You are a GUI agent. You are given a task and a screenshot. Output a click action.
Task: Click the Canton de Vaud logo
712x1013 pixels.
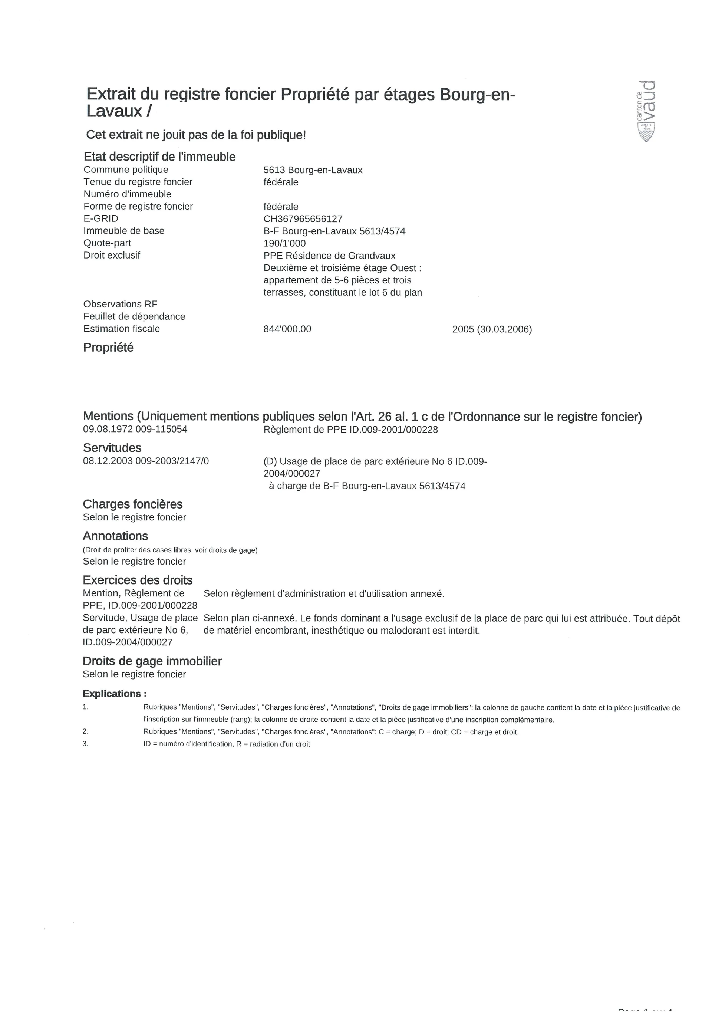[x=646, y=111]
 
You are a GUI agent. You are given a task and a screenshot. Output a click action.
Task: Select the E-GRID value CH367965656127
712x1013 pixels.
[x=303, y=219]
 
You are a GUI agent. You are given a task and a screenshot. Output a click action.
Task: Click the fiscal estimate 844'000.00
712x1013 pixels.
[x=287, y=329]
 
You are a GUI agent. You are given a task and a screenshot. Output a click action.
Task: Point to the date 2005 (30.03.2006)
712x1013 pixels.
[x=492, y=329]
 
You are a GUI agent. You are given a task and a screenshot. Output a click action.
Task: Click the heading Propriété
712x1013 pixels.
[x=108, y=348]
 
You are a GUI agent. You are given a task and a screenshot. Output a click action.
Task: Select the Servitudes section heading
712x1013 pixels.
[x=112, y=448]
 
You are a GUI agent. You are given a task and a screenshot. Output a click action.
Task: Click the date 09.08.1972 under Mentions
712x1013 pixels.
[x=107, y=429]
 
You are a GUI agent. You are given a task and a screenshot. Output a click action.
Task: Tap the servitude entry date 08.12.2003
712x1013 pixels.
[x=107, y=461]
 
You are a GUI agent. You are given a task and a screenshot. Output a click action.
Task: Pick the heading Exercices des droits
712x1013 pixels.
[x=138, y=580]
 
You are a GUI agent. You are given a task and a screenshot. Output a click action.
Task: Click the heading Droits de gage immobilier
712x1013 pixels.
[x=152, y=661]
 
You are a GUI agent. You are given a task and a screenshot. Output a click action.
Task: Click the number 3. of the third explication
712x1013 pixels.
[x=85, y=743]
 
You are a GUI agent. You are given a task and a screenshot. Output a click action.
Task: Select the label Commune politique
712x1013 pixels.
[x=126, y=170]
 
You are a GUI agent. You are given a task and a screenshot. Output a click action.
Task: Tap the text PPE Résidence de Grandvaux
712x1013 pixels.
[x=329, y=256]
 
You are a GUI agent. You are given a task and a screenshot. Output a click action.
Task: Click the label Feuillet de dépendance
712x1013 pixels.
[x=134, y=316]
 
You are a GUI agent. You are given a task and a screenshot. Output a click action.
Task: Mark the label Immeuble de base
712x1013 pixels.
[x=123, y=231]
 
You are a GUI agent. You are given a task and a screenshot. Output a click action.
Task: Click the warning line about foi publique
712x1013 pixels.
[x=196, y=135]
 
